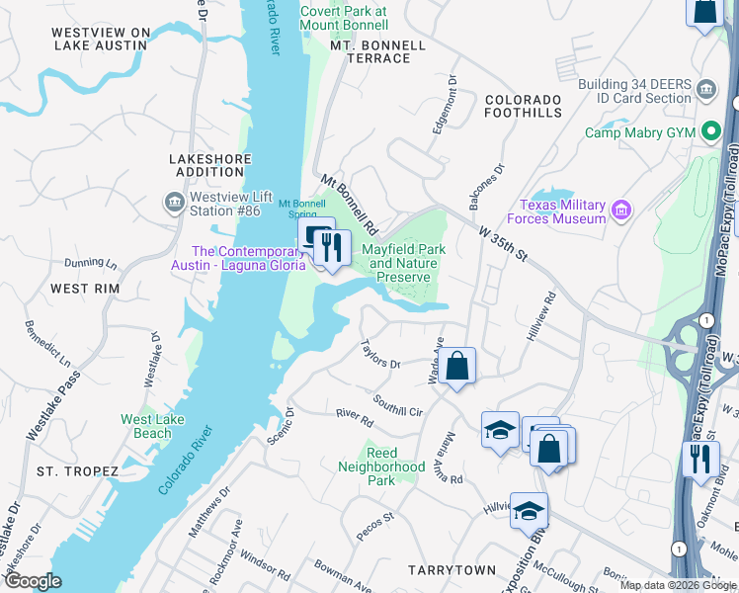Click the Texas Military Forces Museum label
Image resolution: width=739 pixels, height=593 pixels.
click(556, 212)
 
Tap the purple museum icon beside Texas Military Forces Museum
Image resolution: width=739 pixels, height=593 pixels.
click(621, 210)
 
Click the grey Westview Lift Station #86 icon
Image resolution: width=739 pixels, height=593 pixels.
click(174, 203)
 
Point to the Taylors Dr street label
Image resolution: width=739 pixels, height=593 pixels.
click(380, 356)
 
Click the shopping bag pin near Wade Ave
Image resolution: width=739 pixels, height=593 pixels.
click(458, 366)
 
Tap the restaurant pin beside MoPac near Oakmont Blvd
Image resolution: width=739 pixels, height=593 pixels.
click(699, 459)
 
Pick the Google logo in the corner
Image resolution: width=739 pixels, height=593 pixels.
click(33, 581)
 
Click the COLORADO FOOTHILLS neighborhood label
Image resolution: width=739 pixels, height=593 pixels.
click(523, 107)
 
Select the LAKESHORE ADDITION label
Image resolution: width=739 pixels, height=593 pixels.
click(206, 165)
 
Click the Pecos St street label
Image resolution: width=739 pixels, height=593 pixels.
click(375, 525)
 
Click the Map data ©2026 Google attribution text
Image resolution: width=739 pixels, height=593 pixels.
click(677, 585)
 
